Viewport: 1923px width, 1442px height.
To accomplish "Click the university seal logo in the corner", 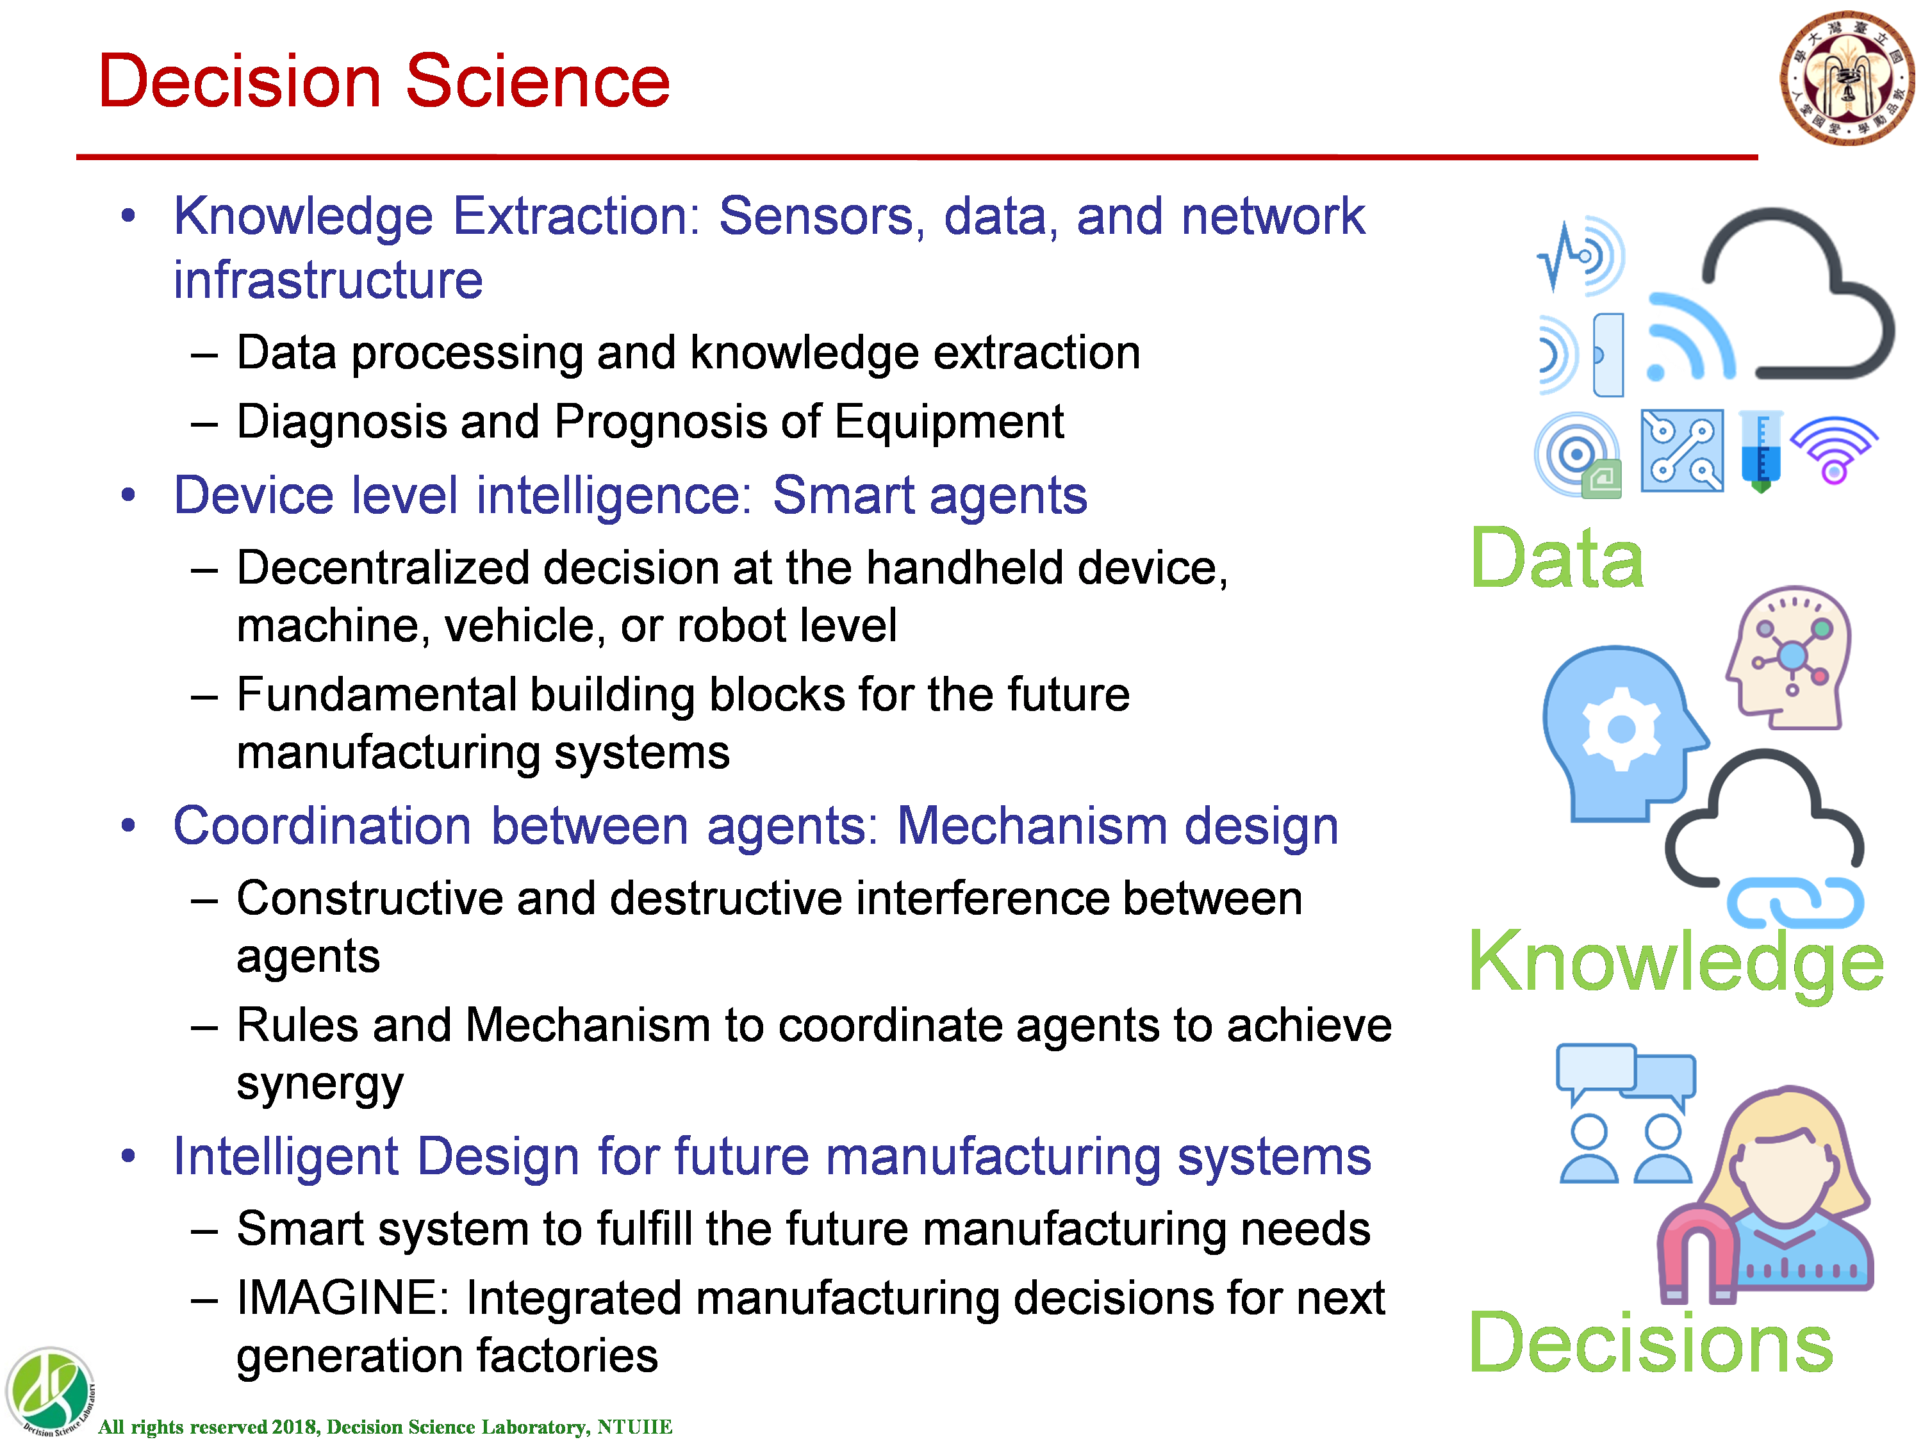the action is (x=1847, y=78).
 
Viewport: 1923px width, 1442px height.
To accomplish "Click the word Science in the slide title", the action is (x=538, y=81).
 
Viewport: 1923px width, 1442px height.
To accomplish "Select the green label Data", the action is (x=1556, y=558).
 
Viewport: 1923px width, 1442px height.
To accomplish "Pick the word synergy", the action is (x=320, y=1084).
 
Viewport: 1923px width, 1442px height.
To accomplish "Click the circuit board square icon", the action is (x=1682, y=450).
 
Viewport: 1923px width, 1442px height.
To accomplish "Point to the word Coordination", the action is (x=322, y=825).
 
